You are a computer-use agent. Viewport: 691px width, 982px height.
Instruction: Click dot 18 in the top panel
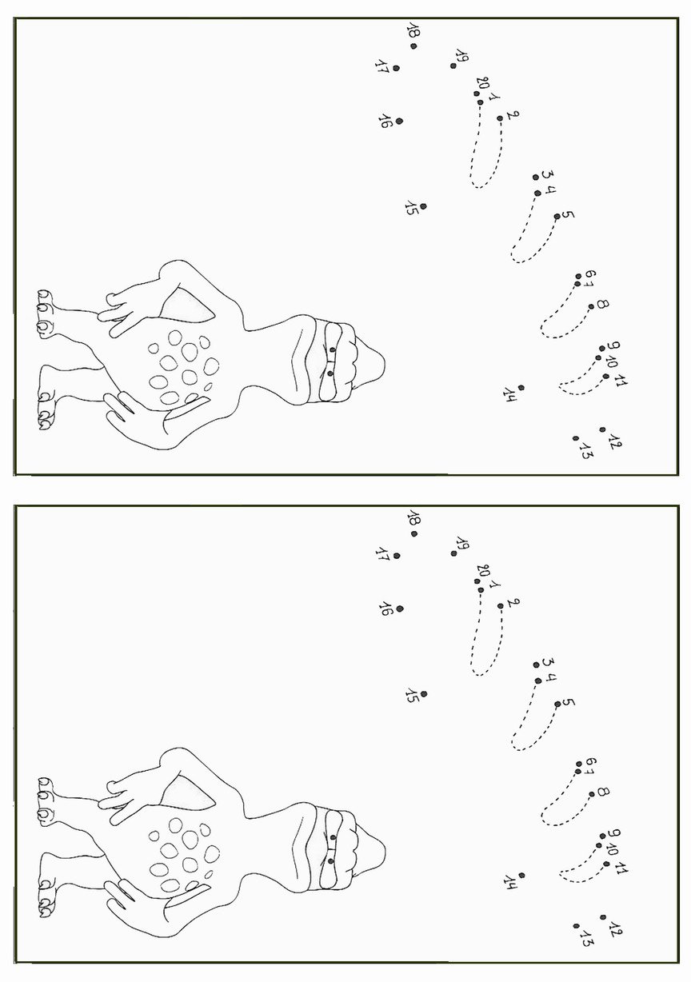tap(413, 46)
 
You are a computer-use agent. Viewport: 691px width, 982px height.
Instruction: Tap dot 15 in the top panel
tap(422, 206)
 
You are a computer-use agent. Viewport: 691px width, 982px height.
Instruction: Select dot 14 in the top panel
tap(521, 388)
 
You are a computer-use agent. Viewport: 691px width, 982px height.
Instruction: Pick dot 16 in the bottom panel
tap(399, 609)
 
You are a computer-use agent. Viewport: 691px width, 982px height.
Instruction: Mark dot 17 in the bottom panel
tap(397, 556)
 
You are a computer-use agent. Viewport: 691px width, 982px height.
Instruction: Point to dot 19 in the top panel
tap(453, 66)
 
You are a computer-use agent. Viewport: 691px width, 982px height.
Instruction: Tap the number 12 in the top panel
tap(615, 441)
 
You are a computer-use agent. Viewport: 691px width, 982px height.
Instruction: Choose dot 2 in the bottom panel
tap(501, 606)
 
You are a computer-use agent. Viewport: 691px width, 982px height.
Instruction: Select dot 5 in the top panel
tap(557, 216)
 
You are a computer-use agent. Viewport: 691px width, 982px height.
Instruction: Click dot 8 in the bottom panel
tap(592, 794)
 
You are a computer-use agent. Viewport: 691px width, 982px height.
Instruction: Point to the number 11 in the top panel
tap(621, 381)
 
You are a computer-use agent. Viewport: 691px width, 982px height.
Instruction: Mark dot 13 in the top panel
tap(575, 438)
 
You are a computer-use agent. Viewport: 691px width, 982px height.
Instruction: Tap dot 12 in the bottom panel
tap(603, 917)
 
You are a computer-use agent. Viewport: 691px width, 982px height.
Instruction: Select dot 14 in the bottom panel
tap(521, 875)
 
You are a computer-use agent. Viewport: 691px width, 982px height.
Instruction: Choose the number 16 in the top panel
tap(385, 121)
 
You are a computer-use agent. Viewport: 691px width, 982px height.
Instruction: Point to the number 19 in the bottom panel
tap(462, 543)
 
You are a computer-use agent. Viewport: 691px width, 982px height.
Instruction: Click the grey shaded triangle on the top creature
tap(186, 305)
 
